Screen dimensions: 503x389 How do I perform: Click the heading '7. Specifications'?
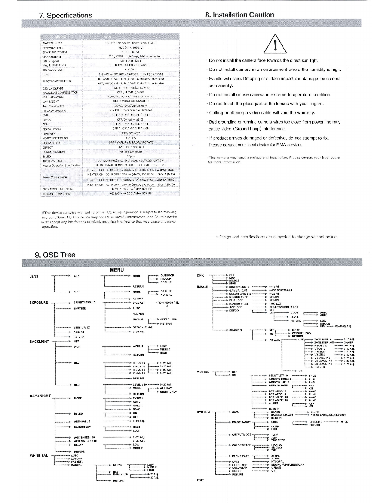coord(65,15)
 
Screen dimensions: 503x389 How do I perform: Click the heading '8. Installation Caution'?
coord(240,15)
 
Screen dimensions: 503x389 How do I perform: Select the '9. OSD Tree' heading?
coord(55,255)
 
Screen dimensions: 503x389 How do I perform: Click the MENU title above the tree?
coord(116,270)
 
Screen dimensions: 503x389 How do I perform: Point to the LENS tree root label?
coord(34,276)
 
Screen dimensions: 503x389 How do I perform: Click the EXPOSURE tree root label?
coord(38,303)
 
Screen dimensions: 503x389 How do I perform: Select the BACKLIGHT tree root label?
coord(39,342)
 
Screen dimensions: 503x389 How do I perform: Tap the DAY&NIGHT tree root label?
coord(40,396)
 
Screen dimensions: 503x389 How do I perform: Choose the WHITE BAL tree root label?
coord(39,456)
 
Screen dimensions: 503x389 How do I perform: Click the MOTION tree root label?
coord(203,372)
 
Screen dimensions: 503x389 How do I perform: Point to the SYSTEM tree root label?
coord(203,412)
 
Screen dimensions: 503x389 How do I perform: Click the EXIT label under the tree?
coord(201,480)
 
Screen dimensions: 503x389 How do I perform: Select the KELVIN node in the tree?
coord(118,465)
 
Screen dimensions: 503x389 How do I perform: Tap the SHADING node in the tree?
coord(235,330)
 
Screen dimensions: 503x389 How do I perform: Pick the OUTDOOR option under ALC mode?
coord(167,275)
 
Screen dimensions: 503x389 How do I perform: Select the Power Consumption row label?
coord(55,177)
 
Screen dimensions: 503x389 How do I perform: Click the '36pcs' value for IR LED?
coord(131,156)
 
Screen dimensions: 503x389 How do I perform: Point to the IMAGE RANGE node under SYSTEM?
coord(241,422)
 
